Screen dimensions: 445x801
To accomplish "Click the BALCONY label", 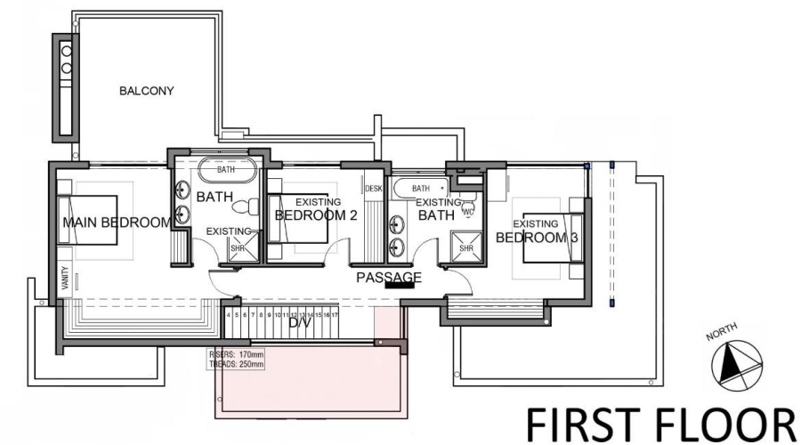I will click(147, 91).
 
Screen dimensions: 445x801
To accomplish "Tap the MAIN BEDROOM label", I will click(116, 222).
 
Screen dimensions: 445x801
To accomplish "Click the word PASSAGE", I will click(389, 277).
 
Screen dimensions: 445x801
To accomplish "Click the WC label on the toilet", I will click(468, 211).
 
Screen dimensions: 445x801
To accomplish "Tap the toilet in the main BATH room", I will click(241, 206).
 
